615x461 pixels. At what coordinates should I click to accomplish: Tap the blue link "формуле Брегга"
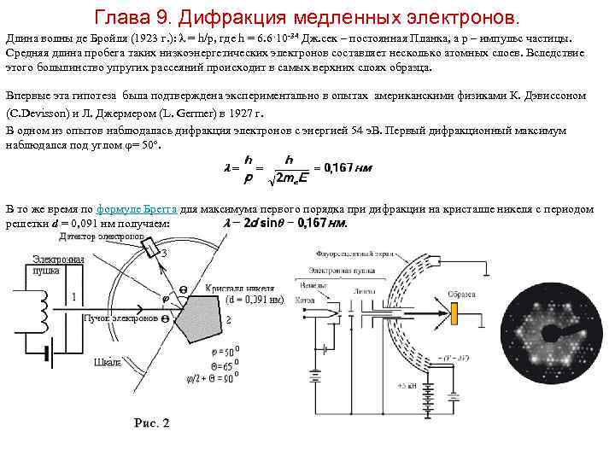pos(138,209)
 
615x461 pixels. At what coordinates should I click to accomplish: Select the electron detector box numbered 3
pos(152,248)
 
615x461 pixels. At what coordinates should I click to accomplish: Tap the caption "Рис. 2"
pos(152,423)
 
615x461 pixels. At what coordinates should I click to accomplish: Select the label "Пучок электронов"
pos(120,318)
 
